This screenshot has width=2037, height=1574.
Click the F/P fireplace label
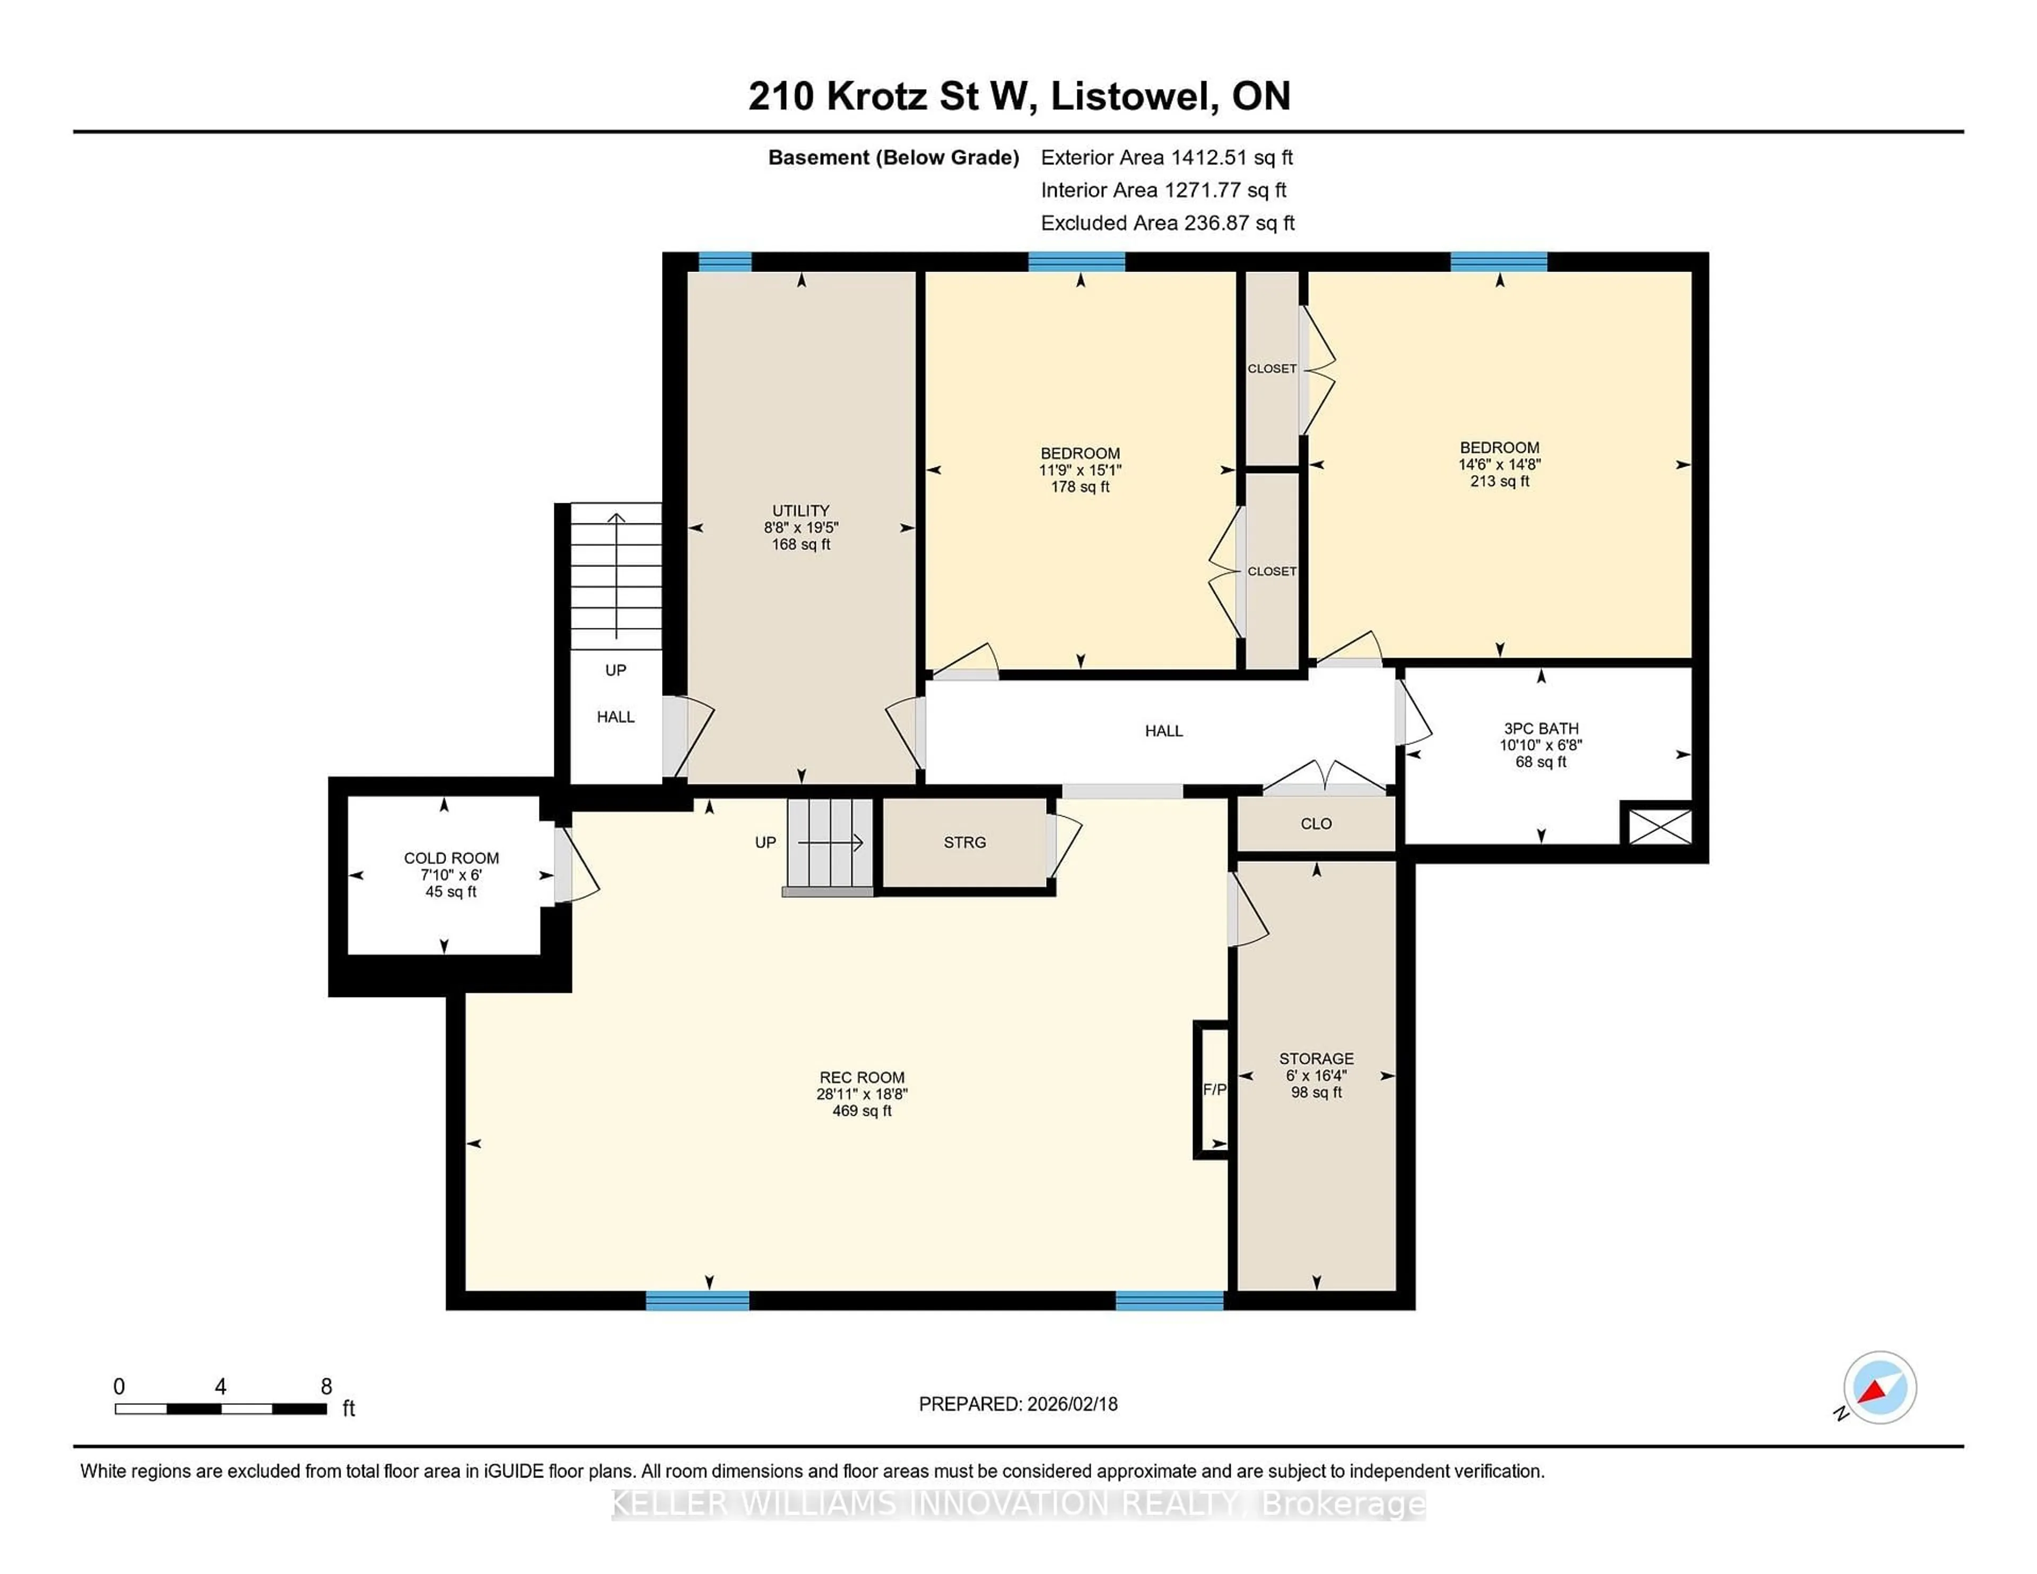[x=1213, y=1089]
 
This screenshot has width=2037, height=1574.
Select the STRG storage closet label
[x=964, y=842]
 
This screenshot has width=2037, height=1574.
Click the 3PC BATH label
[x=1541, y=728]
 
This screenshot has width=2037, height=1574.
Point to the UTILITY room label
[x=800, y=510]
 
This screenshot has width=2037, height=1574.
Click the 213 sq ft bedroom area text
[x=1500, y=481]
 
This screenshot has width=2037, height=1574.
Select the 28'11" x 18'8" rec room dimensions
[x=862, y=1094]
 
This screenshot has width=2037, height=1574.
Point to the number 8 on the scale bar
[x=326, y=1387]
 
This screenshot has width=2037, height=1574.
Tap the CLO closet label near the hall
[x=1316, y=824]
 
